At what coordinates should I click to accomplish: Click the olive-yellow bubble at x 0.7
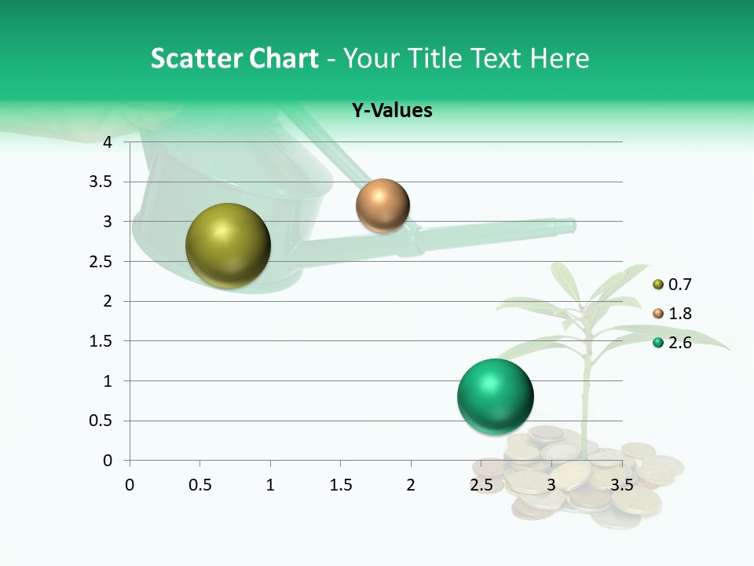(228, 245)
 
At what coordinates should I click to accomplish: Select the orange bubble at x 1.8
(382, 206)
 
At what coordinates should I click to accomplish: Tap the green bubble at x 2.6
(495, 396)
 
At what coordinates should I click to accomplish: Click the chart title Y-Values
(391, 111)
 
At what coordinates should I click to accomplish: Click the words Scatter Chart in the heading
(234, 58)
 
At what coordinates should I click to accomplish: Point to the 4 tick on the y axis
(108, 142)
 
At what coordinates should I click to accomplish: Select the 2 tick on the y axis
(108, 301)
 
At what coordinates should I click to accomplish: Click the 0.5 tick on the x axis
(199, 485)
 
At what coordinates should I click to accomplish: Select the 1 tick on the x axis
(270, 485)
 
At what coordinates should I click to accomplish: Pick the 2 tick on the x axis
(411, 485)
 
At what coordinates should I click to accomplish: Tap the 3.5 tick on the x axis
(621, 485)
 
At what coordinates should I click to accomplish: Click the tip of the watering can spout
(571, 226)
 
